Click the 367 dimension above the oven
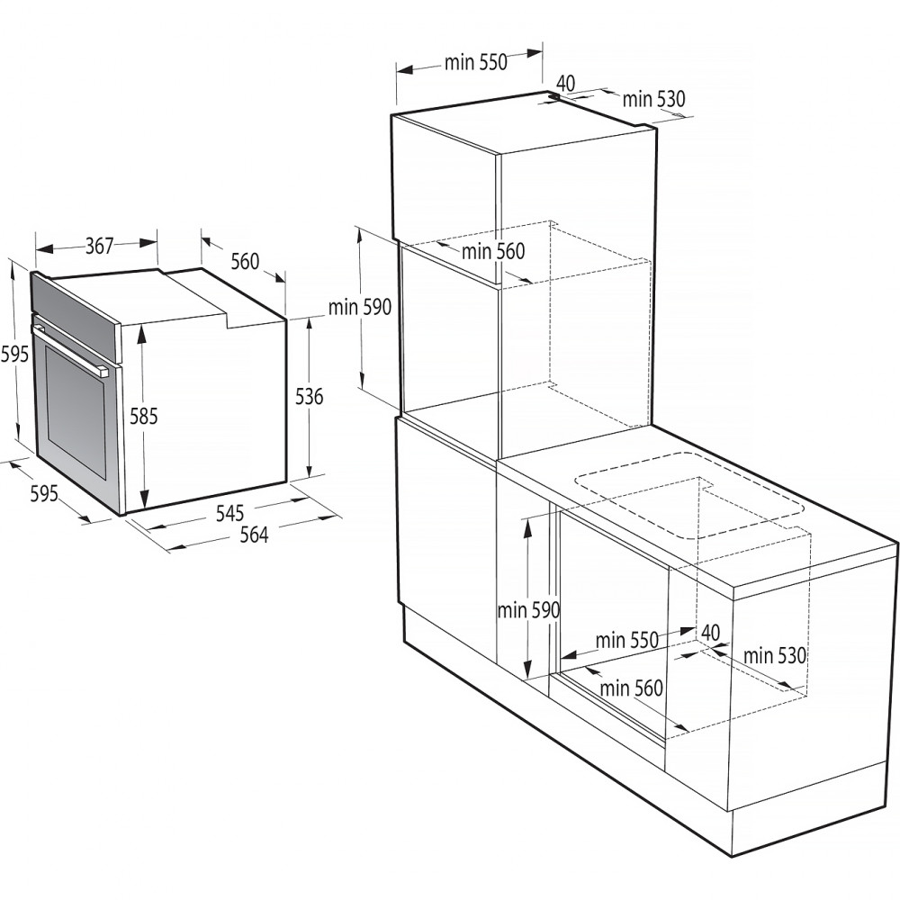(x=100, y=246)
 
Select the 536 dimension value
(x=310, y=396)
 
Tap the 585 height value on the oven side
(x=143, y=416)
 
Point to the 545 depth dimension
(x=230, y=513)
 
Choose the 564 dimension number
(x=254, y=535)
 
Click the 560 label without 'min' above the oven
(x=245, y=262)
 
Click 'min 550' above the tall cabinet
(x=476, y=62)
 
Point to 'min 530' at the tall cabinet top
(x=653, y=99)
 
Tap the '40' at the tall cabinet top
(x=566, y=82)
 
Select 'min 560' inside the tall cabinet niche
(x=493, y=252)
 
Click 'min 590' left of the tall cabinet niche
(x=360, y=307)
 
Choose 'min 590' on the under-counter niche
(x=528, y=610)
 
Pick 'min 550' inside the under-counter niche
(x=627, y=641)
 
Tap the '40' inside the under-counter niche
(x=711, y=633)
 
